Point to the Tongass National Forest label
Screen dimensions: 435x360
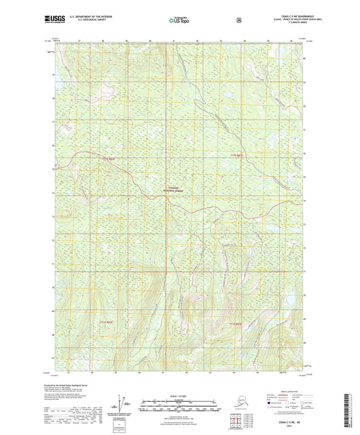[176, 190]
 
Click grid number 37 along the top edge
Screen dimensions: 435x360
[80, 41]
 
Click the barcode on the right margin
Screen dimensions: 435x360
[350, 409]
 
